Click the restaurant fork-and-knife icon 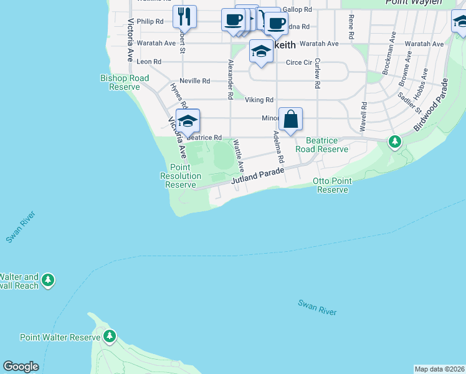pyautogui.click(x=184, y=16)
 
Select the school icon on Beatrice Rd pyautogui.click(x=188, y=121)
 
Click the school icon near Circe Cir pyautogui.click(x=262, y=51)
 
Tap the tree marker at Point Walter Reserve pyautogui.click(x=110, y=337)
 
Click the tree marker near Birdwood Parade pyautogui.click(x=394, y=142)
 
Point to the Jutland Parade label pyautogui.click(x=258, y=175)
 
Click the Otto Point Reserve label pyautogui.click(x=333, y=185)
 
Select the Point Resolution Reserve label pyautogui.click(x=181, y=176)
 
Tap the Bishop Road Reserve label pyautogui.click(x=125, y=82)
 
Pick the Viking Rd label pyautogui.click(x=259, y=100)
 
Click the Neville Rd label pyautogui.click(x=194, y=81)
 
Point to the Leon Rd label pyautogui.click(x=149, y=62)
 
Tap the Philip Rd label pyautogui.click(x=150, y=21)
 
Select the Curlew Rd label pyautogui.click(x=317, y=73)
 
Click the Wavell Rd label pyautogui.click(x=362, y=115)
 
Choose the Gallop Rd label pyautogui.click(x=297, y=9)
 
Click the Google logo pyautogui.click(x=21, y=367)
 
